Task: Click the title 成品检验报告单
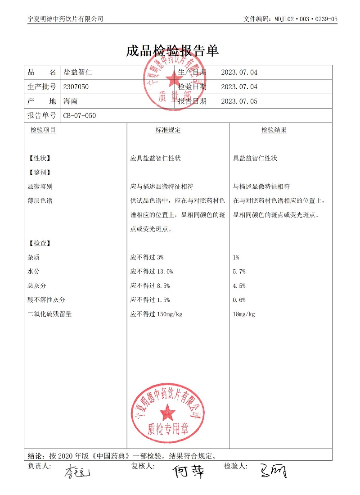pos(172,51)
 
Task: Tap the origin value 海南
pos(71,101)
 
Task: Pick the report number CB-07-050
pos(80,116)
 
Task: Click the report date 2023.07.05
pos(239,101)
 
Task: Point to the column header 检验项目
pos(43,130)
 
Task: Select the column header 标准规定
pos(168,130)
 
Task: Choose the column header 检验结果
pos(274,130)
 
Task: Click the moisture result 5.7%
pos(239,272)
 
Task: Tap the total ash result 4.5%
pos(239,286)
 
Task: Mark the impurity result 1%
pos(236,258)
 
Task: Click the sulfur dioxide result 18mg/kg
pos(244,314)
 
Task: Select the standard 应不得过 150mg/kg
pos(156,314)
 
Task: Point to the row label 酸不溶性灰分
pos(46,300)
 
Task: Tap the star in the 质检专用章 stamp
pos(167,411)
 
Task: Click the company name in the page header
pos(65,19)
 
